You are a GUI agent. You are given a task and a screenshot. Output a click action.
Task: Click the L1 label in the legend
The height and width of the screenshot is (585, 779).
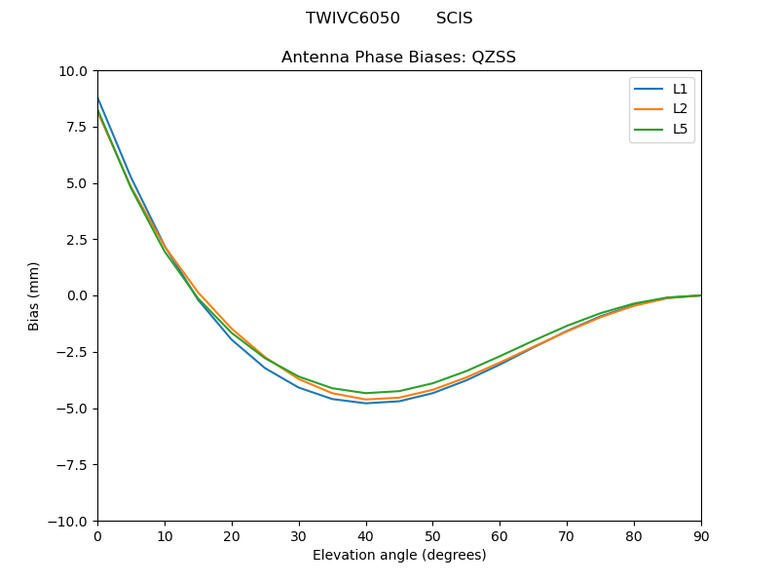pos(681,89)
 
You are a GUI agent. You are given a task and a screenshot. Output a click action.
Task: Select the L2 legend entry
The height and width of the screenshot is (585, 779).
pos(681,108)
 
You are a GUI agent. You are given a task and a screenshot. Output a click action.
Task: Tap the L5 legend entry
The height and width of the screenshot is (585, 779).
pos(681,129)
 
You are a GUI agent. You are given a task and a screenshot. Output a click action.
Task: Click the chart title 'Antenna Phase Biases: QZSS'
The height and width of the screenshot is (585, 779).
pos(398,58)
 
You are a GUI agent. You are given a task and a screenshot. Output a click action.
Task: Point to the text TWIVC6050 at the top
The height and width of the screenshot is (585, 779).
pos(352,19)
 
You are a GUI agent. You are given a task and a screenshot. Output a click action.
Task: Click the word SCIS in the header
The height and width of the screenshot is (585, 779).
pos(454,19)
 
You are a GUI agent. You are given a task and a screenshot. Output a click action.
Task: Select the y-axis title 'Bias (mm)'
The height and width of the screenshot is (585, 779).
pos(34,295)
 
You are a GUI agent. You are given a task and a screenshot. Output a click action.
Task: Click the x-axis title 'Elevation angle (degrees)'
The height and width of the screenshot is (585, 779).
pos(398,556)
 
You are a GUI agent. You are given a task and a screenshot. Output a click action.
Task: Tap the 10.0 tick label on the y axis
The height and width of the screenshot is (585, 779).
pos(73,71)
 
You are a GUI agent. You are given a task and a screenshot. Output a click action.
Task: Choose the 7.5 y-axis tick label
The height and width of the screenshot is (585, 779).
pos(76,128)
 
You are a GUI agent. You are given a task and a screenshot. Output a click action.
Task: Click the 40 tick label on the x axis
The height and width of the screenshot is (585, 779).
pos(365,536)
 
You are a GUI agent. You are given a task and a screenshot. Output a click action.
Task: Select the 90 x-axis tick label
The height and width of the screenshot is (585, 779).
pos(700,536)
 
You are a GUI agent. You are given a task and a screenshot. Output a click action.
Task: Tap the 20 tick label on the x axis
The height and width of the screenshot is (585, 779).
pos(232,536)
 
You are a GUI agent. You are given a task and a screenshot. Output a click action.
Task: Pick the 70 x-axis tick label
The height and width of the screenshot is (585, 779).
pos(567,536)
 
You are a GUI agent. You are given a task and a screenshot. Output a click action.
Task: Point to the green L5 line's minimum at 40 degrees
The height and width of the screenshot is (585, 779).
pos(365,393)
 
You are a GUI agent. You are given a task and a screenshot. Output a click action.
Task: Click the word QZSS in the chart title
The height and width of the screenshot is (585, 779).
pos(494,58)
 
